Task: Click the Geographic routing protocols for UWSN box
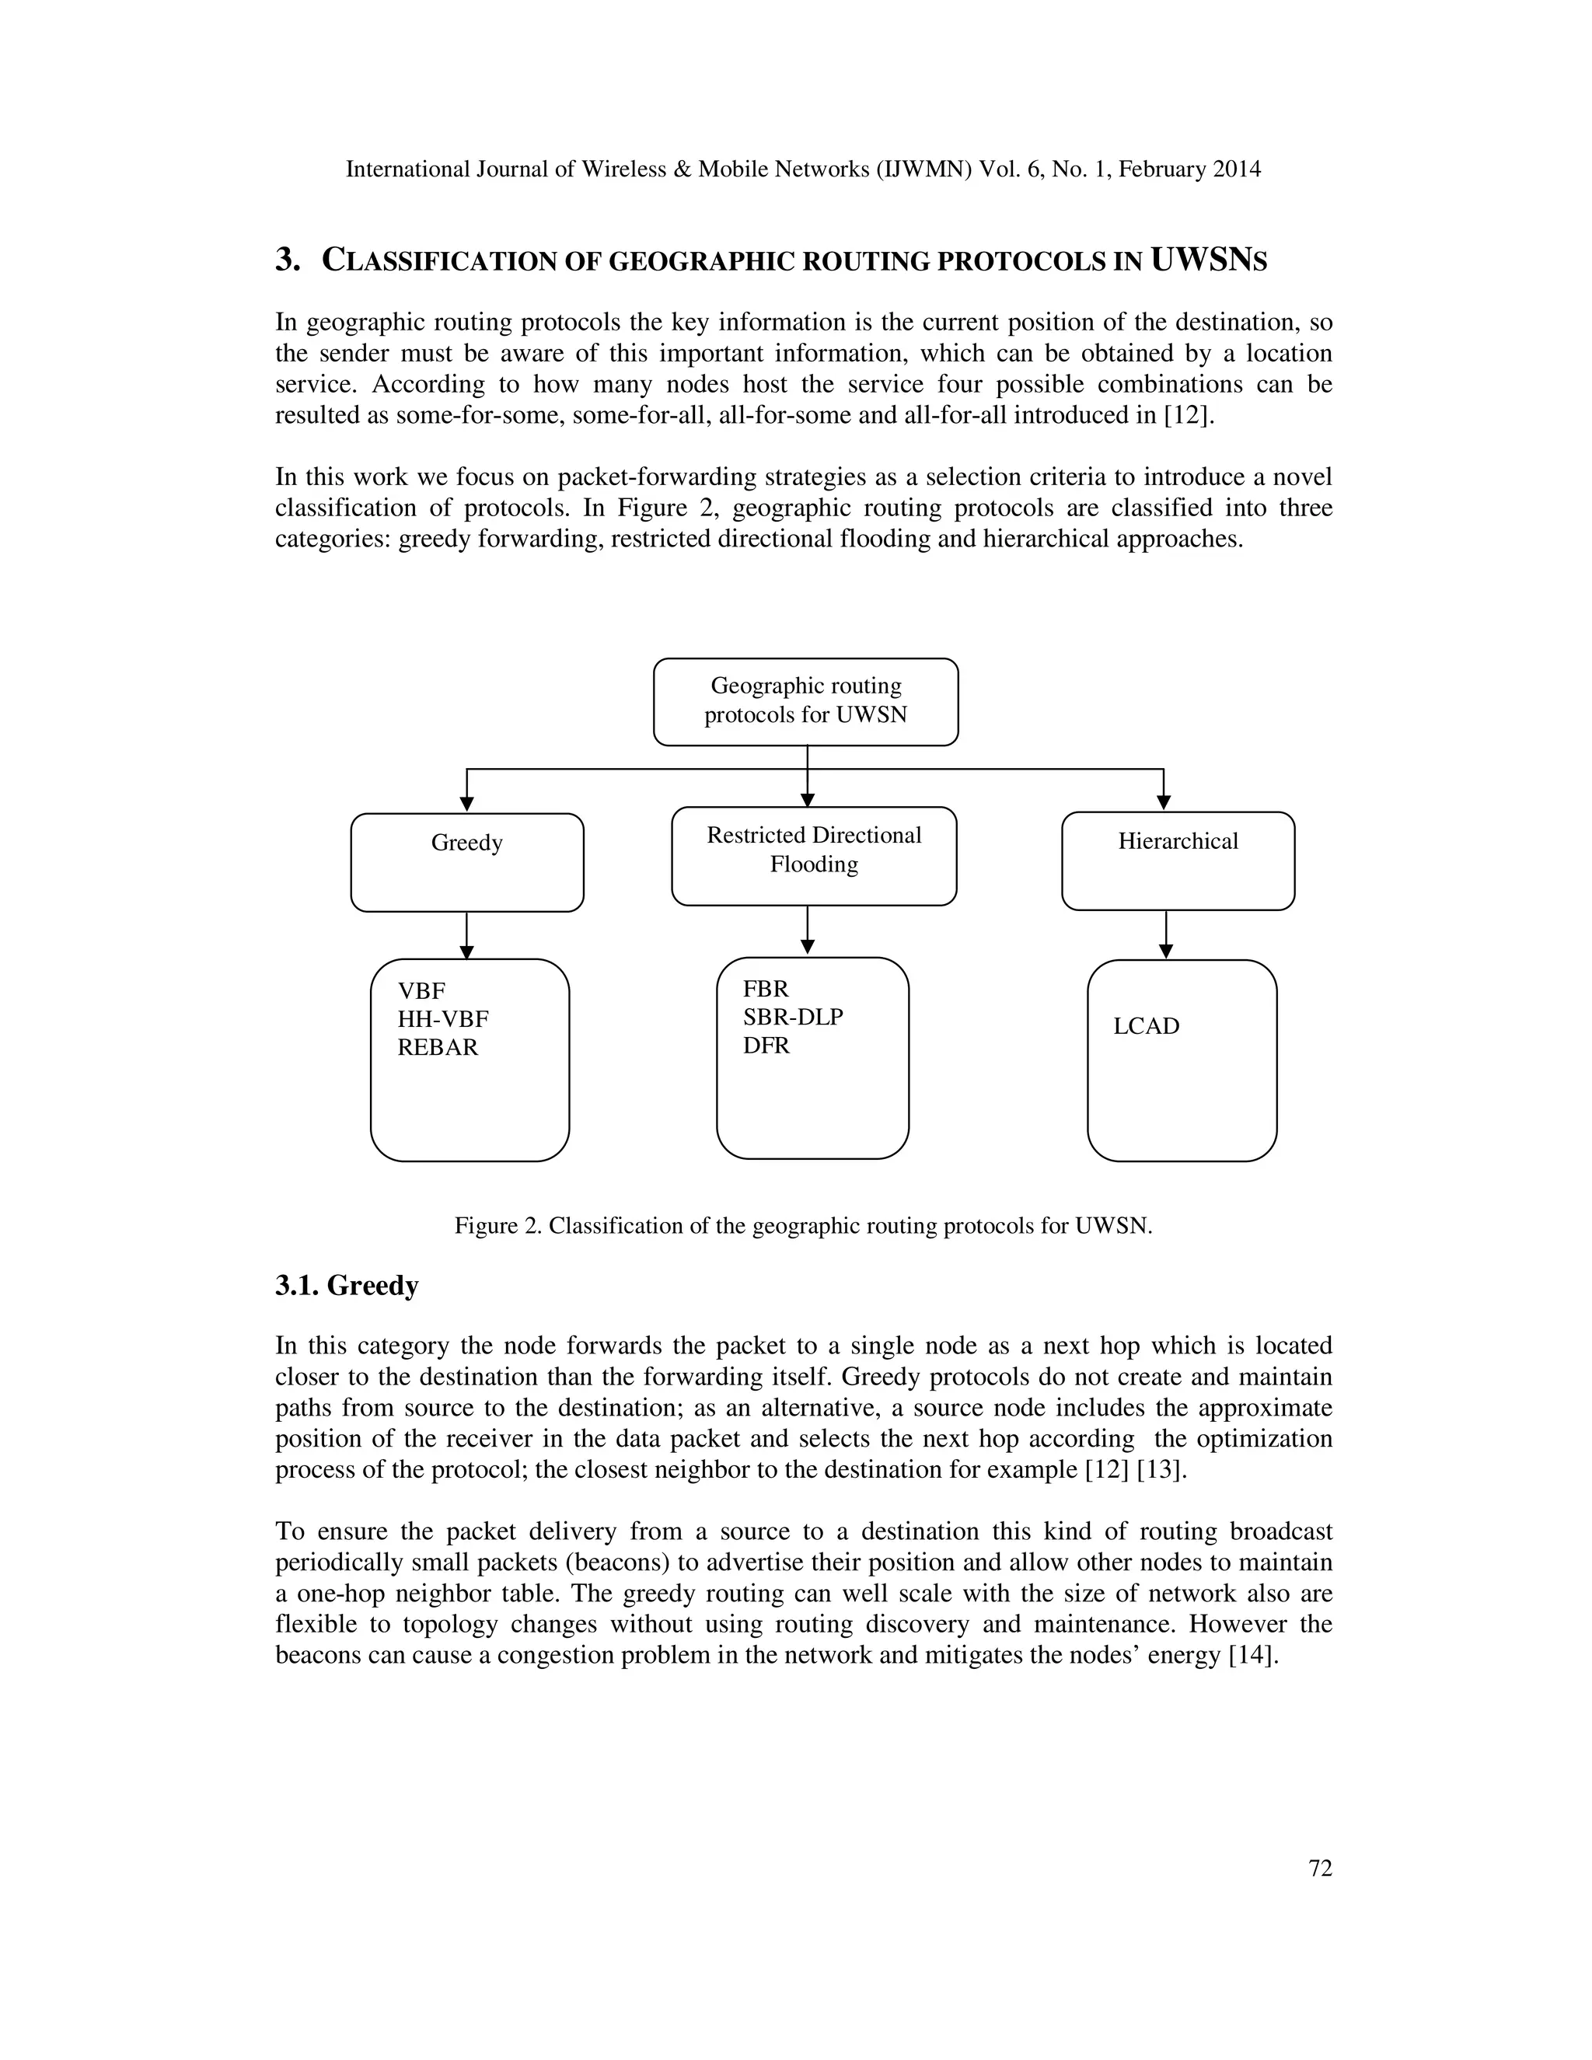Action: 805,702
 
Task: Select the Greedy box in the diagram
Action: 467,862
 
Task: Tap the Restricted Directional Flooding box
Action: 814,857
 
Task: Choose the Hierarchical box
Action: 1178,861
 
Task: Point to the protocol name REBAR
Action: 438,1048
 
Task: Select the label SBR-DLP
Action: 792,1018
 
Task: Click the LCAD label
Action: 1146,1026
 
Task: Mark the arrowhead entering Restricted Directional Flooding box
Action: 808,800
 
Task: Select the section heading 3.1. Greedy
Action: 347,1286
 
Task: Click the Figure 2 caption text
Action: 804,1226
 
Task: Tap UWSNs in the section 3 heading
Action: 1208,260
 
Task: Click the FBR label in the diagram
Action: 765,990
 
